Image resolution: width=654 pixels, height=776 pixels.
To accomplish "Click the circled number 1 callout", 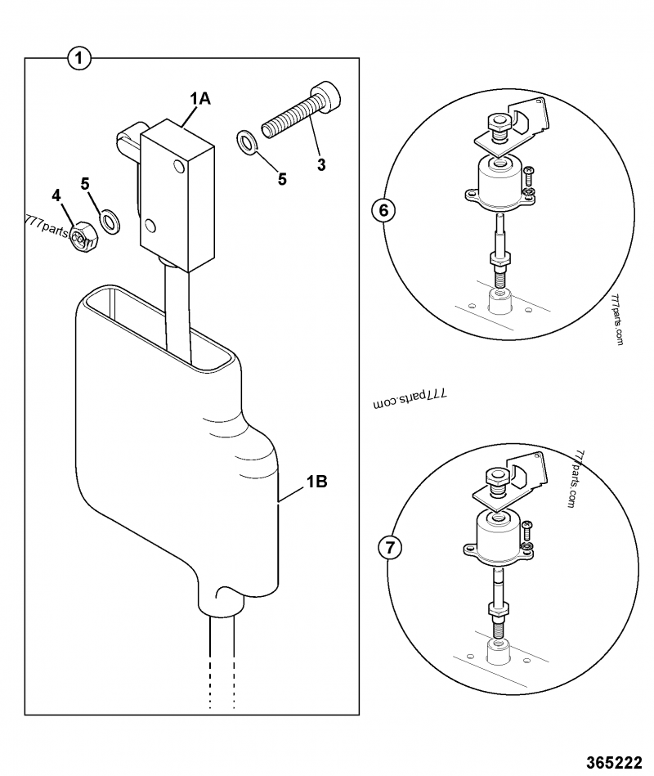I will tap(79, 58).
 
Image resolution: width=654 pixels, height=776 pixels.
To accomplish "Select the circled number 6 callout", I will tap(383, 210).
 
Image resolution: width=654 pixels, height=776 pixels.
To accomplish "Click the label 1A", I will tap(200, 99).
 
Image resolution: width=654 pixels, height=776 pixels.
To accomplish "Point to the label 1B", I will tap(316, 482).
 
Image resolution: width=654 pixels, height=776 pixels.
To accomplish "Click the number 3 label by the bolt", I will tap(321, 164).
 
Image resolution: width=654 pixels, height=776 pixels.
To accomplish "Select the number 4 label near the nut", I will tap(56, 195).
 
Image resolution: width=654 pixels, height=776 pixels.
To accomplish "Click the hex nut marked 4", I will tap(83, 238).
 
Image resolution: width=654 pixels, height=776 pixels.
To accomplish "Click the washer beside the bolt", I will tap(246, 141).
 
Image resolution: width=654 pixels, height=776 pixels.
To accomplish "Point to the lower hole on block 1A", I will tap(150, 224).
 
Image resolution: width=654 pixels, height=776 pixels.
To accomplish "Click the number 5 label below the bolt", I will tap(282, 179).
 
